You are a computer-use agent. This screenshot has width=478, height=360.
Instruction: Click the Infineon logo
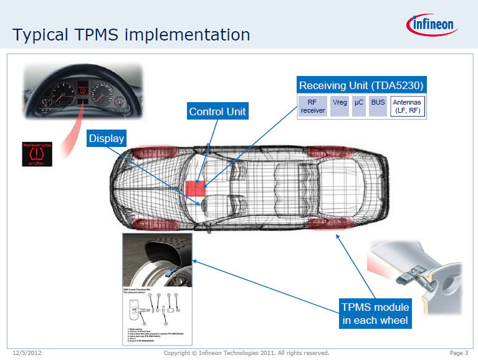(x=432, y=24)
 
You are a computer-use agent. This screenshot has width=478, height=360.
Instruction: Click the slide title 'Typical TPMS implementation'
(x=131, y=34)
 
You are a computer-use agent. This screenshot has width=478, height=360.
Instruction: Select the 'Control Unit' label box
(x=217, y=112)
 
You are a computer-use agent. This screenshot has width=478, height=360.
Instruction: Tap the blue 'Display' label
(x=107, y=139)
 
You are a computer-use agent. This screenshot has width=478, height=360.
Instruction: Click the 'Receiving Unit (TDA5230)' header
(x=363, y=85)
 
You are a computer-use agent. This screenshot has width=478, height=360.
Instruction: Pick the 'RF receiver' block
(x=313, y=106)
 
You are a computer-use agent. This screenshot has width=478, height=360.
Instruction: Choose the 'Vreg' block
(x=340, y=106)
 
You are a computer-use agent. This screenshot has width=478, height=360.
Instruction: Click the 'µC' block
(x=358, y=106)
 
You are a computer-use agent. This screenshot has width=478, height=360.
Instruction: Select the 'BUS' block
(x=378, y=106)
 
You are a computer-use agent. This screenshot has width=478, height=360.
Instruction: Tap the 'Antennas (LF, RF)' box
(x=408, y=106)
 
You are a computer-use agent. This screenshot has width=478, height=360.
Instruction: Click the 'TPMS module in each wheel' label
(x=375, y=314)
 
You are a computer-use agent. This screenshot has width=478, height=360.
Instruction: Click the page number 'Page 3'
(x=458, y=353)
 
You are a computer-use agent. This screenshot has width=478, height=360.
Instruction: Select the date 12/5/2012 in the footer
(x=27, y=353)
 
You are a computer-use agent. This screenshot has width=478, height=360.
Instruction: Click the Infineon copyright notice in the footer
(x=246, y=353)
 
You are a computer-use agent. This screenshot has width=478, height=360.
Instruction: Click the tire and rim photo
(x=158, y=260)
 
